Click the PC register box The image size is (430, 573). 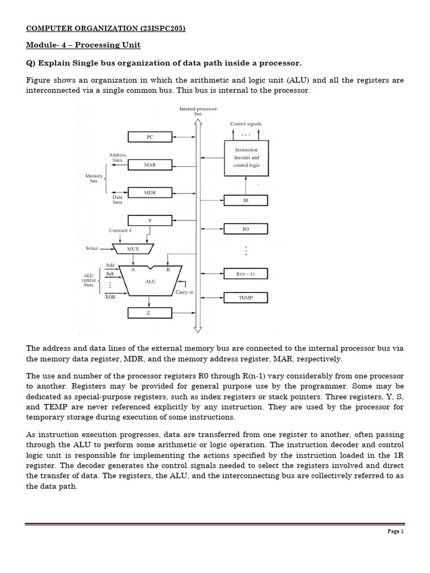[x=149, y=137]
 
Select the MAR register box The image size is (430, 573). [x=149, y=165]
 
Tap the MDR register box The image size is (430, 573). [x=149, y=192]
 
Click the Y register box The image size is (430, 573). [x=149, y=220]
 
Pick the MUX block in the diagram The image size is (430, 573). [x=135, y=248]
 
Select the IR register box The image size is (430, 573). [x=246, y=200]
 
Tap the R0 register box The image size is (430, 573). [x=246, y=228]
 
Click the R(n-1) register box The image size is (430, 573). [x=246, y=274]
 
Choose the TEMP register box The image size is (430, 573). [x=246, y=298]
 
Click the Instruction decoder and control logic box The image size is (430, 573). [x=246, y=158]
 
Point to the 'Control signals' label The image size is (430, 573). [x=246, y=124]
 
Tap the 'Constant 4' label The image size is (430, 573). [x=120, y=231]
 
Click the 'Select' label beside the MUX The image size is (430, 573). [x=92, y=248]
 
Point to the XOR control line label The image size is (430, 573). [x=110, y=297]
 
